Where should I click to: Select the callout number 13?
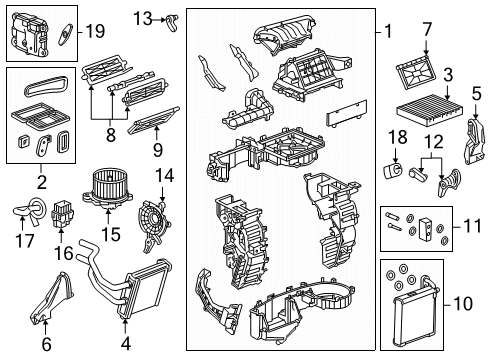(x=143, y=17)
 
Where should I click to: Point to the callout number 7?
(x=426, y=30)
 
